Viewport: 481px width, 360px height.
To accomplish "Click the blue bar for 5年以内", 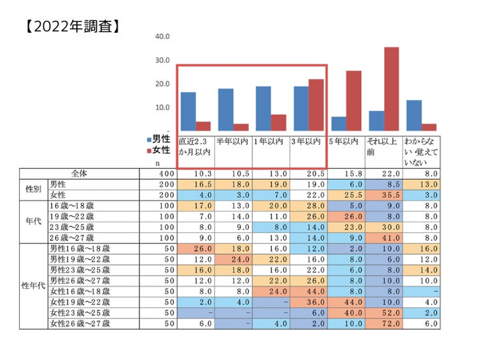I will point(339,123).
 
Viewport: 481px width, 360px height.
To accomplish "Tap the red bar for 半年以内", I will point(225,127).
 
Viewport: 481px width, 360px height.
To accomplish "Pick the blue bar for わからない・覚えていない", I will point(414,115).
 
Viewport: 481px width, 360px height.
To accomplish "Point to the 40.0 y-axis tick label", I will point(163,36).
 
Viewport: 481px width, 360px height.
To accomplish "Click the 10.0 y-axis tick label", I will point(163,108).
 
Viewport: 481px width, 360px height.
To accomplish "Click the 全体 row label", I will point(81,173).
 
